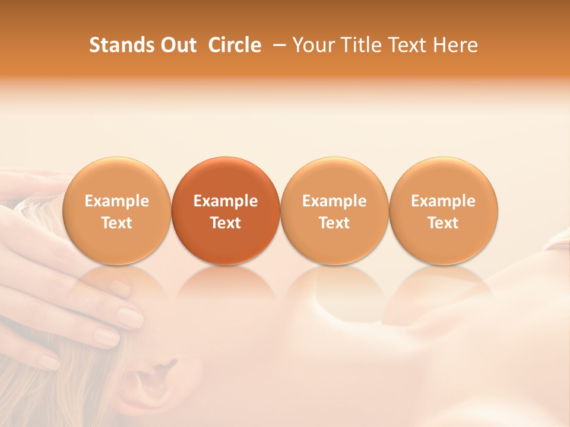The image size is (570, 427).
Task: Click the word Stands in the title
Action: [x=121, y=45]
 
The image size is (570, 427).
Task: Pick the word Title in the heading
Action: [x=362, y=45]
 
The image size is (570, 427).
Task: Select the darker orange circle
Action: [x=226, y=211]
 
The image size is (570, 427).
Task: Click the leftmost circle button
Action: [x=116, y=211]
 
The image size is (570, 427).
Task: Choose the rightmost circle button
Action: [x=444, y=211]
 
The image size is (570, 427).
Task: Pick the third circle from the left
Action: [x=334, y=211]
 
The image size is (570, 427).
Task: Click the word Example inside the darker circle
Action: [x=226, y=201]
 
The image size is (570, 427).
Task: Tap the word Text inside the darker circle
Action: [x=226, y=222]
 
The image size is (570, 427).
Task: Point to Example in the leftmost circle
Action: [x=116, y=201]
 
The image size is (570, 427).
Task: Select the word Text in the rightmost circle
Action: [x=444, y=222]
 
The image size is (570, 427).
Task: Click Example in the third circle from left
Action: [x=334, y=201]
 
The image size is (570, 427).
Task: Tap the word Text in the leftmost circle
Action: [x=116, y=222]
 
